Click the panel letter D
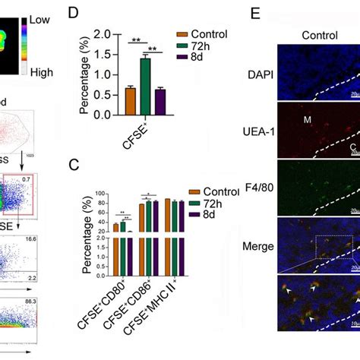[x=73, y=14]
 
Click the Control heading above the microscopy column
[x=320, y=35]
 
